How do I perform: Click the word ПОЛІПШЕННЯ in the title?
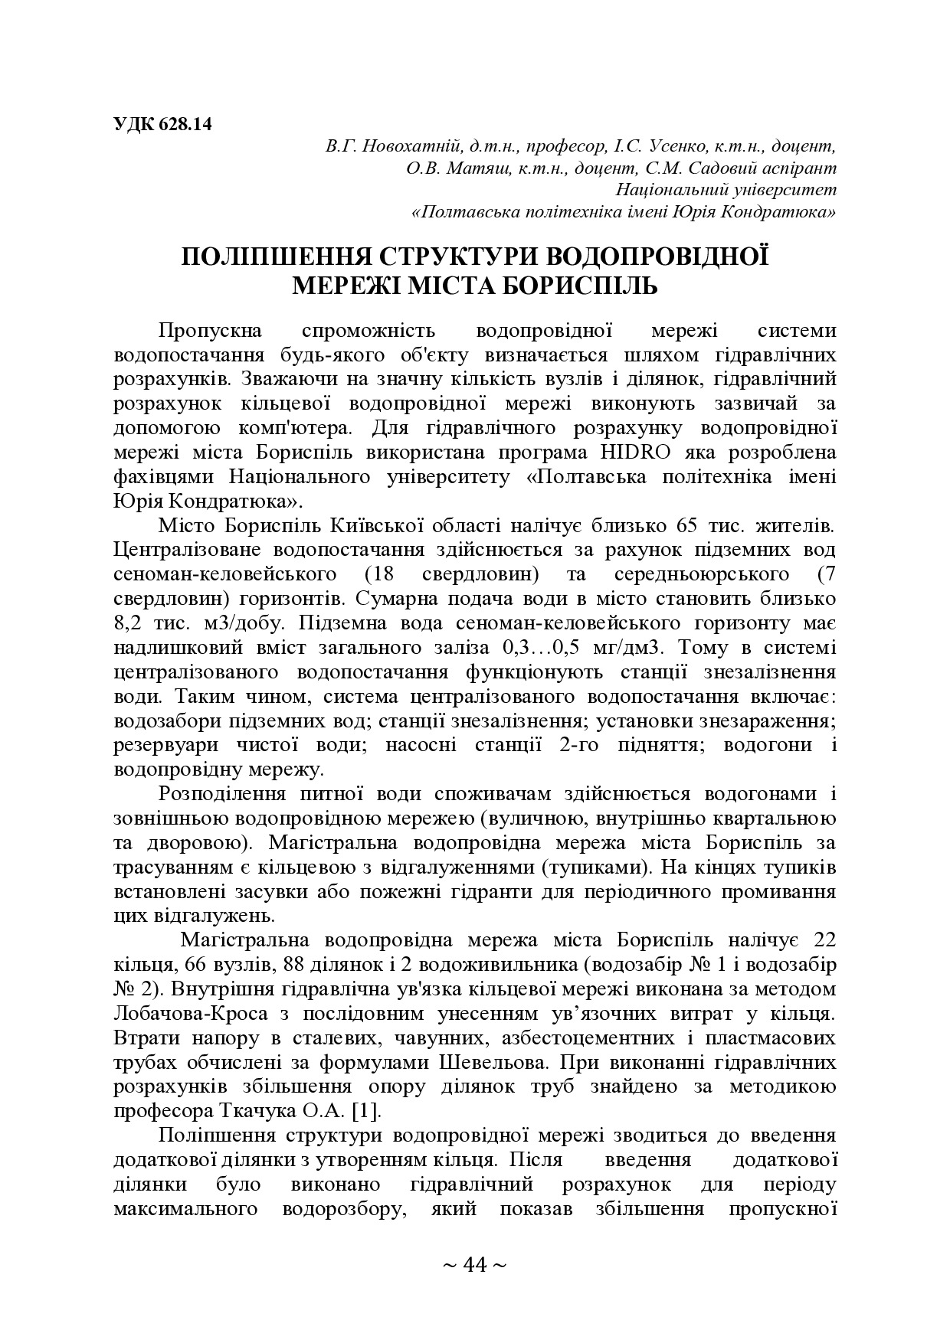click(277, 257)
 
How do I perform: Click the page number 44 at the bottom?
click(475, 1264)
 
